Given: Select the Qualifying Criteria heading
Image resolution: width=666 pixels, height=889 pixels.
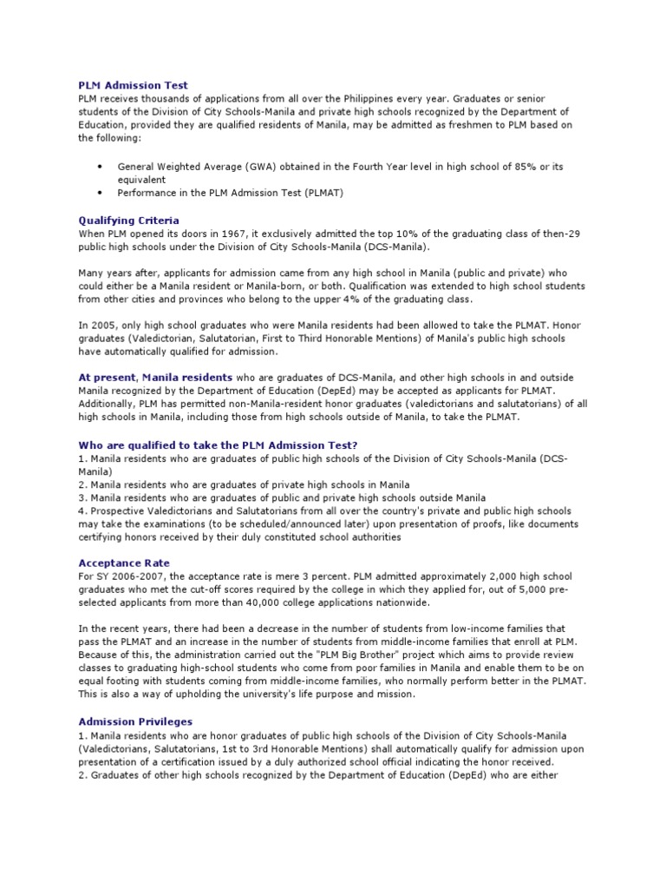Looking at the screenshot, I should coord(128,221).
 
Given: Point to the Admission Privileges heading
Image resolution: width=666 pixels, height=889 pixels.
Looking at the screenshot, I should coord(134,721).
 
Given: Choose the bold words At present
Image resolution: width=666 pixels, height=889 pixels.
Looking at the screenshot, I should coord(107,378).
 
